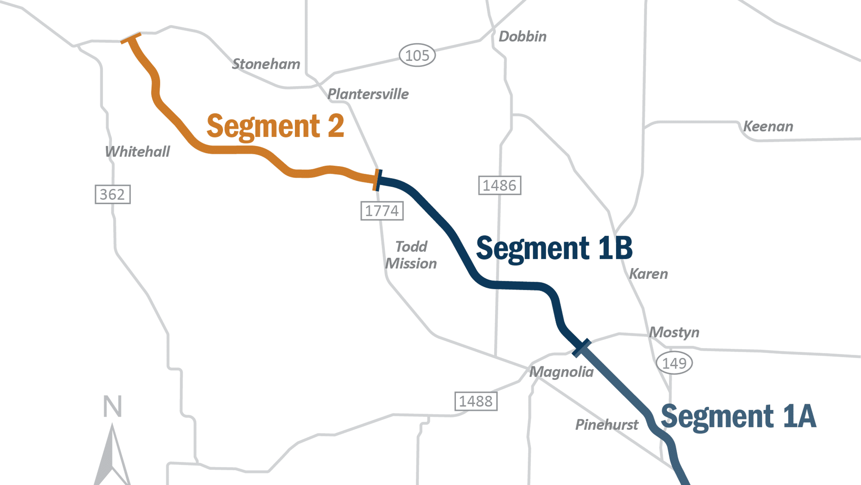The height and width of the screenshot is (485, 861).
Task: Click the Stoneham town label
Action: point(266,64)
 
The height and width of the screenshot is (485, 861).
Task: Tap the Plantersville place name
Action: point(368,94)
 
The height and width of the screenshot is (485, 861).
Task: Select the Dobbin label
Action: point(522,36)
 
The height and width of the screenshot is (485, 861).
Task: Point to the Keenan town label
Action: point(768,127)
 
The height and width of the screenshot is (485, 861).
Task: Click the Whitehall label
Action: point(137,152)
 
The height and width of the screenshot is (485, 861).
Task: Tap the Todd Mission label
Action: point(411,255)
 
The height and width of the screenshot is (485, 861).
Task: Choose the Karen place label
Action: point(648,274)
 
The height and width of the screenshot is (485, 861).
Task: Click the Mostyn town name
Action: point(674,332)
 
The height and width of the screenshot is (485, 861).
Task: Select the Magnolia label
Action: point(561,372)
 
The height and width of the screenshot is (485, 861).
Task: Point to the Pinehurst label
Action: point(607,425)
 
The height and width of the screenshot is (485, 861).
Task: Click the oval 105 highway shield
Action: point(417,56)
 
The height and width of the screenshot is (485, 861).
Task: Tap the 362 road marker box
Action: point(112,194)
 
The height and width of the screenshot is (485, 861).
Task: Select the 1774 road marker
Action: point(382,211)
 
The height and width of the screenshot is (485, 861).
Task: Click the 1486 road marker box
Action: point(500,185)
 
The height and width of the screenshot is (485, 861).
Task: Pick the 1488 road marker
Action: point(476,401)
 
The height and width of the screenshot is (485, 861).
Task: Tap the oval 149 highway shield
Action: point(674,363)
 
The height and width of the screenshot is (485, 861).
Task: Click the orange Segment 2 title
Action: point(275,127)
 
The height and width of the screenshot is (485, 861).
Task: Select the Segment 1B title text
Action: point(554,248)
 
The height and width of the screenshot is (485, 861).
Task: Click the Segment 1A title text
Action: point(738,417)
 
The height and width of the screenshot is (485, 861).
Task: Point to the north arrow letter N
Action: point(112,406)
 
